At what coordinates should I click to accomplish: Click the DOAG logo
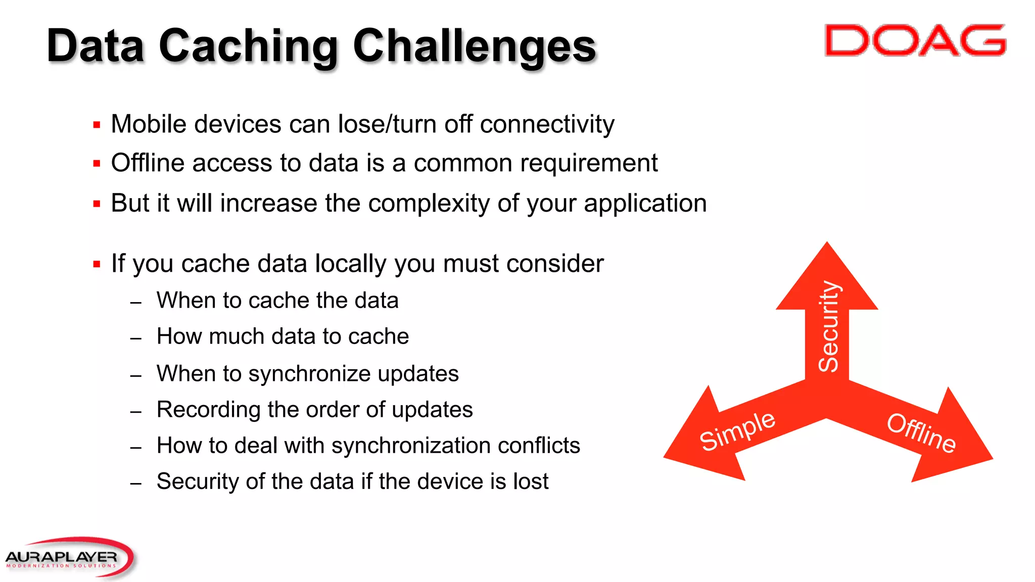[x=915, y=40]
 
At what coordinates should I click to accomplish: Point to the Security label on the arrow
[x=828, y=326]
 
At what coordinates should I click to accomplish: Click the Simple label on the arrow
[x=737, y=430]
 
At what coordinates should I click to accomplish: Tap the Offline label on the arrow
[x=921, y=432]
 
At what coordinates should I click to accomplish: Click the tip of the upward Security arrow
[x=827, y=246]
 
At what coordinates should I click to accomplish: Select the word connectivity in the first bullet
[x=547, y=124]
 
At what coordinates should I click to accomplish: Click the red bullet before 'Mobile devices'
[x=97, y=125]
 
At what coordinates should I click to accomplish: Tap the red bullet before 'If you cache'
[x=97, y=264]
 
